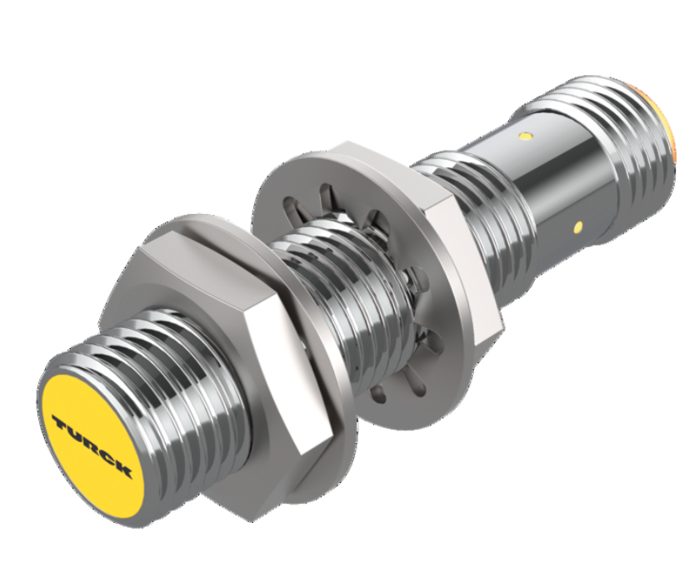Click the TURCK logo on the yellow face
tap(92, 445)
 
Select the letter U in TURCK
tap(76, 433)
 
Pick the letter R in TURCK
tap(91, 444)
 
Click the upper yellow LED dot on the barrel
tap(526, 133)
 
